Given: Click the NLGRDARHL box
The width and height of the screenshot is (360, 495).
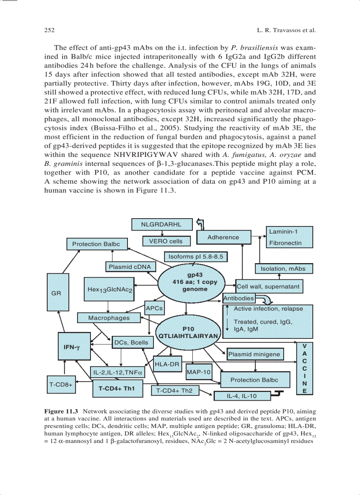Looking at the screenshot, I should coord(161,224).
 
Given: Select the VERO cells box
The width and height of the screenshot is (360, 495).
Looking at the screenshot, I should coord(163,241).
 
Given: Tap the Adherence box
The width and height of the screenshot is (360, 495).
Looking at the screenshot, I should coord(223,237).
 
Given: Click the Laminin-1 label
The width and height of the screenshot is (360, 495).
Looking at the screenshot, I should coord(283,231).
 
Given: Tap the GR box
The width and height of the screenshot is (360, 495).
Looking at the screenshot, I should coord(56,292).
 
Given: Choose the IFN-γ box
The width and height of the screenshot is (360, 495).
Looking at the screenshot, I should coord(71,347).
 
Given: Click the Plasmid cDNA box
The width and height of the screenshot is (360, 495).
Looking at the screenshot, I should coord(130,267).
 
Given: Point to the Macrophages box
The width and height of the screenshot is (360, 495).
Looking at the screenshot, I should coord(109,317).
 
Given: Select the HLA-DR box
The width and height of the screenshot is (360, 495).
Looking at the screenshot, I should coord(167,364).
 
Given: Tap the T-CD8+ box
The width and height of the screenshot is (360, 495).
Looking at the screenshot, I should coord(60,384).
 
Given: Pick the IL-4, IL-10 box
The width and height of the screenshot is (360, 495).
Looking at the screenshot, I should coord(241,396).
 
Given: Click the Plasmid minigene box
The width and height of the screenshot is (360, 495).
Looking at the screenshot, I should coord(254,354).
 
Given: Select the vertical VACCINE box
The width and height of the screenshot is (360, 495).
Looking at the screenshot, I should coord(304,368).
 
